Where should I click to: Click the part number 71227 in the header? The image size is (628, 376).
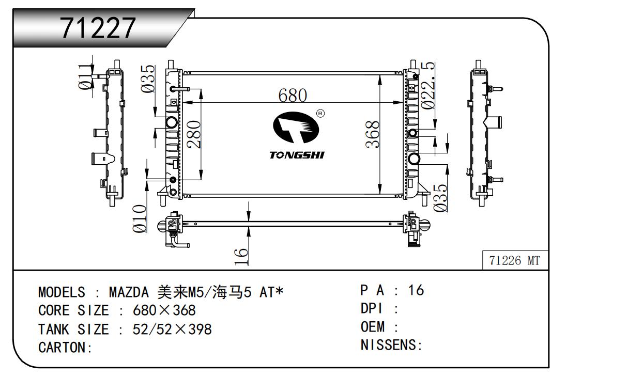click(98, 28)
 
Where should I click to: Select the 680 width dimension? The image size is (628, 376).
click(293, 95)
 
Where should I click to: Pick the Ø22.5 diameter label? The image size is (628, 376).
click(427, 86)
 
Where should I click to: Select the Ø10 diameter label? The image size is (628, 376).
click(140, 218)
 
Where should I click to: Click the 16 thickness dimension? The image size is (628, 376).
click(241, 256)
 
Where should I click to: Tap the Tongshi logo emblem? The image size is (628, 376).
click(293, 128)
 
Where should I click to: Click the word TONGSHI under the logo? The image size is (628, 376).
click(296, 155)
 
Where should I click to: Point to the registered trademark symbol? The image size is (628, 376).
click(320, 113)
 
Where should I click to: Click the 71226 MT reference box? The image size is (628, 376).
click(514, 261)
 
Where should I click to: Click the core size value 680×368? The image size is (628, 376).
click(164, 311)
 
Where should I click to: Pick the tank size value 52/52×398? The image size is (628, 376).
click(172, 329)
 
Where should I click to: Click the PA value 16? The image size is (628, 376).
click(416, 290)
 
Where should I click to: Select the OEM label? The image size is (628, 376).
click(373, 327)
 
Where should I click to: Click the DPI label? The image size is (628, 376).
click(371, 309)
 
